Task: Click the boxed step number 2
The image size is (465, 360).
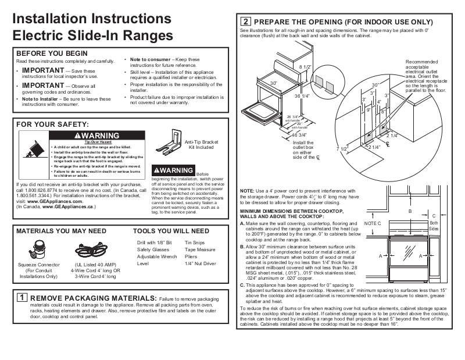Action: click(246, 22)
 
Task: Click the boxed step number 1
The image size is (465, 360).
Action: click(21, 298)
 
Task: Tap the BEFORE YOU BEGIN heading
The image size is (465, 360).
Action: click(52, 54)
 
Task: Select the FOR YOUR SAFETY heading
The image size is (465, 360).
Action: click(53, 124)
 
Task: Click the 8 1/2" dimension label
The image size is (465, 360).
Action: click(306, 68)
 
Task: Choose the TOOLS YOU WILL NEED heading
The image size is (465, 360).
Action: click(171, 231)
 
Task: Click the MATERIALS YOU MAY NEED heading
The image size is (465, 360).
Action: click(61, 231)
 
